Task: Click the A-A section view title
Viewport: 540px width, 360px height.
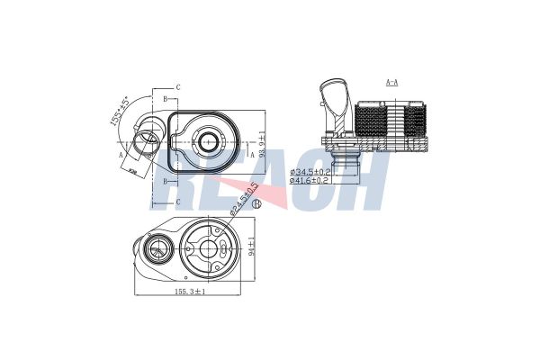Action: (x=392, y=82)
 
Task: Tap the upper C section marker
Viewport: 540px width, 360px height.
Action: (x=178, y=86)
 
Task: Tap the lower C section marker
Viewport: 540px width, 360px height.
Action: (x=178, y=202)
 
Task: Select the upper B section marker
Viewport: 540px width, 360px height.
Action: (x=166, y=97)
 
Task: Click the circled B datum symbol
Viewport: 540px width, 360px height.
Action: (x=256, y=204)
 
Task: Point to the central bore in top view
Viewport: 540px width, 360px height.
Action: (x=210, y=140)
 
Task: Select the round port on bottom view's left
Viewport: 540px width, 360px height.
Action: (x=159, y=248)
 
